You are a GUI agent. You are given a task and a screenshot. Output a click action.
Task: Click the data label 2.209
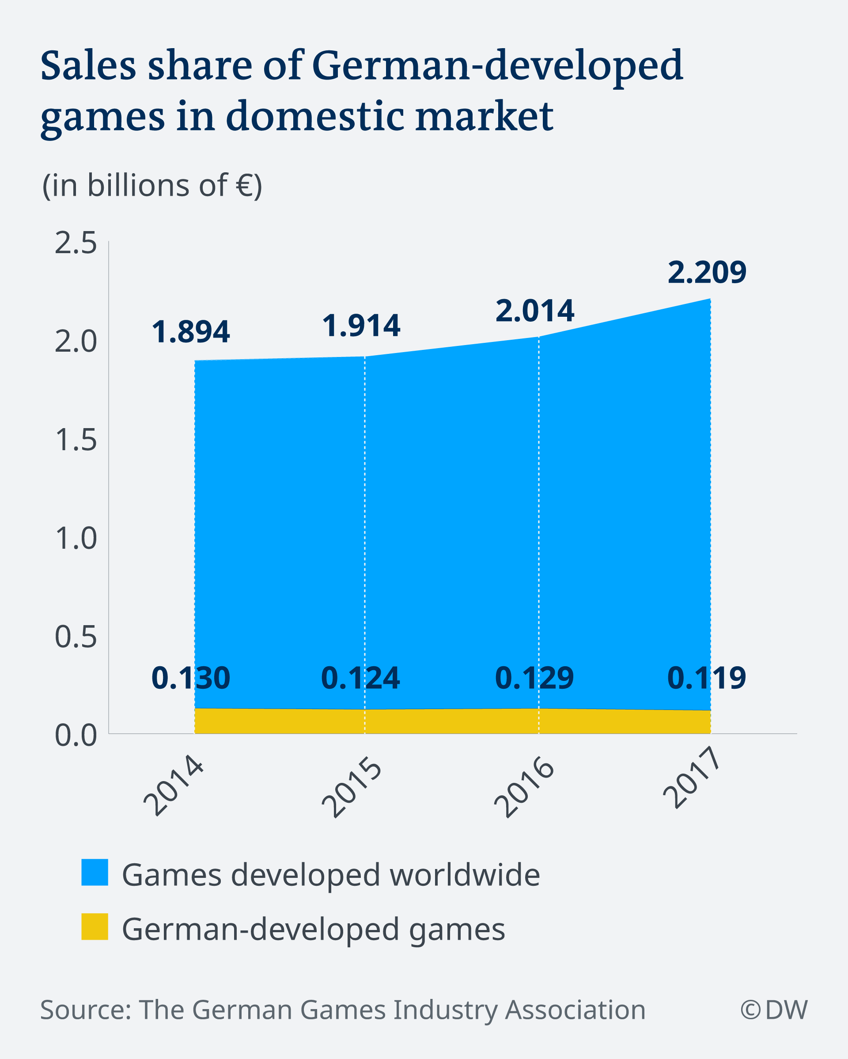pos(707,273)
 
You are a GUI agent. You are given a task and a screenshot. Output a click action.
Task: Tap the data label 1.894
pos(190,332)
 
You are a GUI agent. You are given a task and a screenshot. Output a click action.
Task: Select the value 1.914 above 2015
pos(361,326)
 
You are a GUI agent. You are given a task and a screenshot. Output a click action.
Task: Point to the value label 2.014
pos(535,311)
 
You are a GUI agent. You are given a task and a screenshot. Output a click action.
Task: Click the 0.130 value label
pos(190,678)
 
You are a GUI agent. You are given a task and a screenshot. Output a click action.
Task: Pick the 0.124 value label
pos(360,678)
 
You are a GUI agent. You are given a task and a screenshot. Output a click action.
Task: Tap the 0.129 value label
pos(534,678)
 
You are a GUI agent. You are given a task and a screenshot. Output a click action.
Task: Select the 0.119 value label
pos(707,678)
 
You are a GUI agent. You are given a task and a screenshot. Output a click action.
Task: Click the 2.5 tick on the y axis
pos(76,243)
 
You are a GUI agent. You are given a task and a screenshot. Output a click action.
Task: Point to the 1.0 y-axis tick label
pos(76,539)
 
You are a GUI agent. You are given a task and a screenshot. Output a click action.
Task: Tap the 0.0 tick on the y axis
pos(76,735)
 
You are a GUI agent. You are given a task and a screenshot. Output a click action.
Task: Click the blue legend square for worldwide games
pos(95,873)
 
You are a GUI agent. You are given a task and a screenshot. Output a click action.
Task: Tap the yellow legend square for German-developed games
pos(95,926)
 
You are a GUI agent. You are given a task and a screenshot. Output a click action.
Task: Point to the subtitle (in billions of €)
pos(152,186)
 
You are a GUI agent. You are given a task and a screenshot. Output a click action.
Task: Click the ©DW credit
pos(773,1010)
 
